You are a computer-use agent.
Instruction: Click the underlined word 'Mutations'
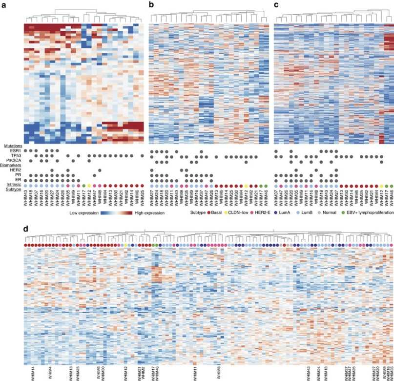pos(11,146)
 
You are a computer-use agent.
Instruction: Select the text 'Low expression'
pos(84,213)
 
